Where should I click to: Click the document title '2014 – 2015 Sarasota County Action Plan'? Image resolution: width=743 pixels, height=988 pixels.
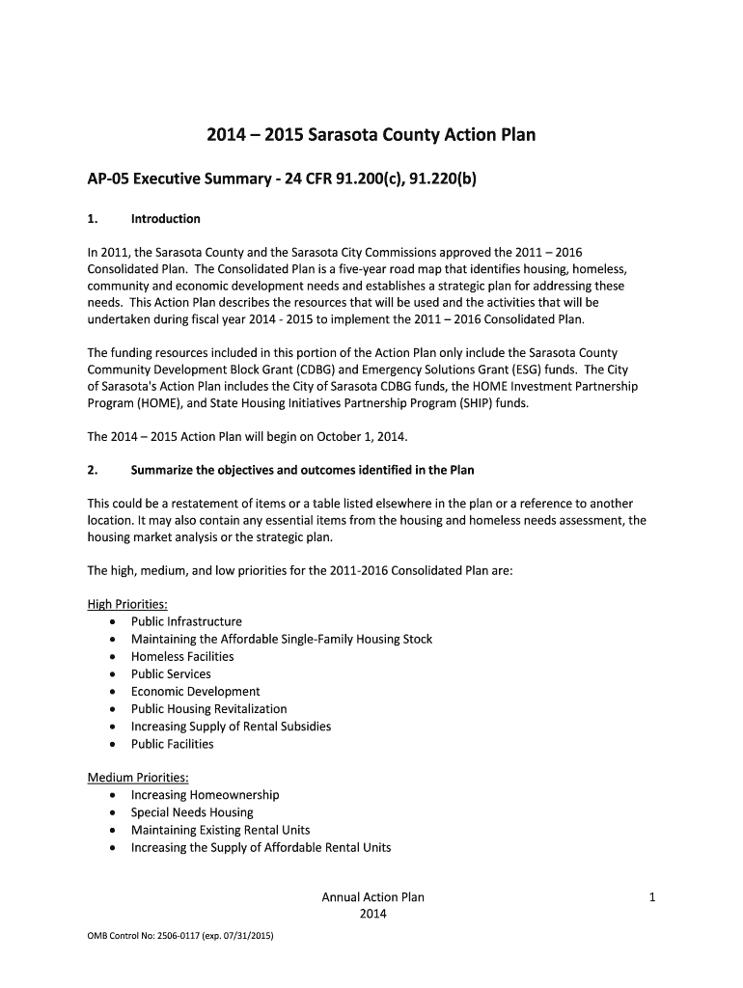[x=371, y=135]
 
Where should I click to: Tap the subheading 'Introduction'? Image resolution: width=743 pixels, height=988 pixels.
[x=165, y=218]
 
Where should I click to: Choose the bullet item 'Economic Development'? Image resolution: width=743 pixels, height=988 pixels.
[x=195, y=691]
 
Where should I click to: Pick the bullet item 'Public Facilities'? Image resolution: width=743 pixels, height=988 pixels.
[x=172, y=744]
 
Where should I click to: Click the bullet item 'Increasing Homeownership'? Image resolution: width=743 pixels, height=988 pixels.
[x=205, y=795]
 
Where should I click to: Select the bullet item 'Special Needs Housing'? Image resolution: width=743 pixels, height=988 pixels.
[x=192, y=812]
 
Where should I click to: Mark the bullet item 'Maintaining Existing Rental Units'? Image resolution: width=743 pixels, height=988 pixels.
[x=220, y=830]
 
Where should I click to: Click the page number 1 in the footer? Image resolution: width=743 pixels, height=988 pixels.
[x=652, y=897]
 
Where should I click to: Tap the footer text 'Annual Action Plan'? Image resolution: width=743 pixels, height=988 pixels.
[x=372, y=897]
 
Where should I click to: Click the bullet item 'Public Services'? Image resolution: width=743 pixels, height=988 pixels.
[x=171, y=673]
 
